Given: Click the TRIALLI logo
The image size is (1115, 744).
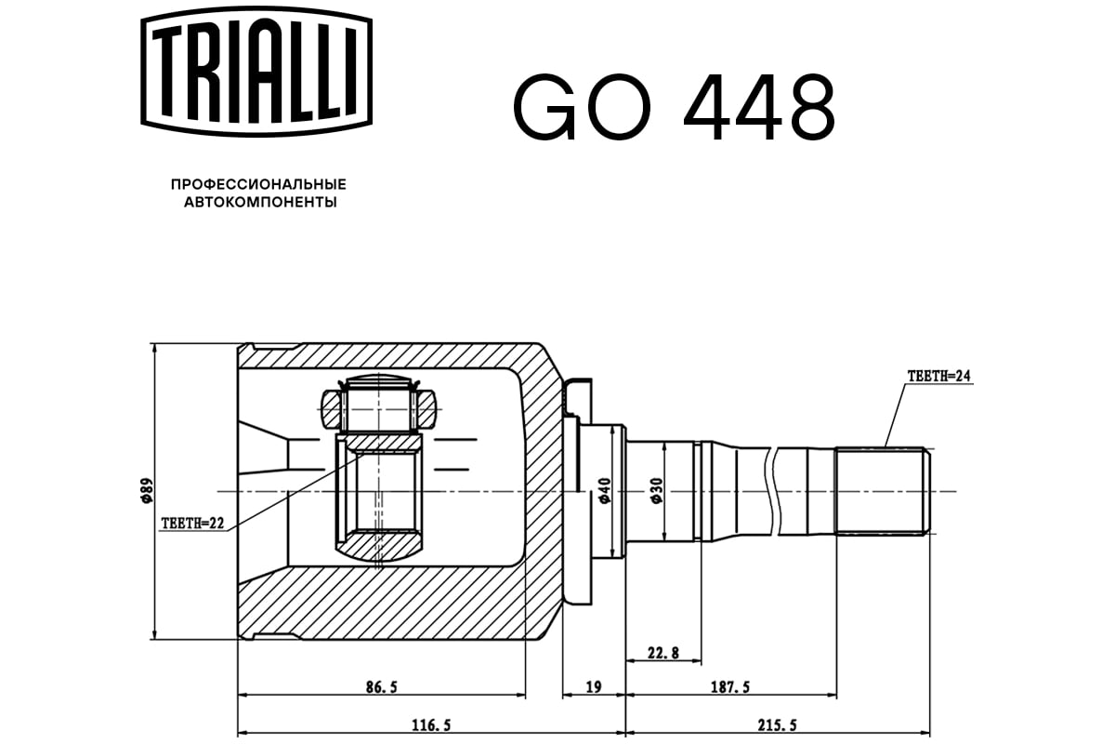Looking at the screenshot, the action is coord(256,72).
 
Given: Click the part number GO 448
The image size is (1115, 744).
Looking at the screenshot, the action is coord(675,107).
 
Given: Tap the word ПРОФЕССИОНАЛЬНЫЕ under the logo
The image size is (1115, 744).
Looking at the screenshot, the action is coord(258,185).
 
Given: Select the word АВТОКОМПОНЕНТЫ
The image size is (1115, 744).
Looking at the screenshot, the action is coord(260,203).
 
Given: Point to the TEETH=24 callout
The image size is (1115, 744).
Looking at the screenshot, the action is coord(938,376).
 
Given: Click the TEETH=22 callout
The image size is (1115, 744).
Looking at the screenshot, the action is coord(192,524).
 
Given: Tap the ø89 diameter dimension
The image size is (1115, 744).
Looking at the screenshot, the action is coord(147,490).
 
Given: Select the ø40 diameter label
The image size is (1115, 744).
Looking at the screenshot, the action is coord(604,490).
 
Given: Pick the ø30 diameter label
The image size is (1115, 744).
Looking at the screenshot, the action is coord(657,490).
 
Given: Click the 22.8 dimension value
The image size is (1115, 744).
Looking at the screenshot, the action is coord(663,652).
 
